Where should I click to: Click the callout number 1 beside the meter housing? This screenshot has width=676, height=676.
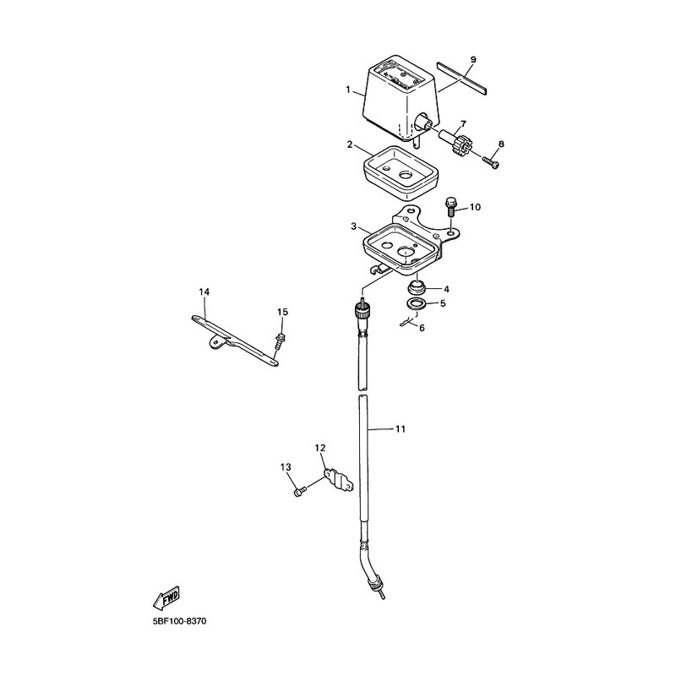pyautogui.click(x=347, y=90)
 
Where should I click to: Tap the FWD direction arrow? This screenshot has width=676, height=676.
pyautogui.click(x=166, y=597)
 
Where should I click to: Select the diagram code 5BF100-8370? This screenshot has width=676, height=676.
pyautogui.click(x=179, y=621)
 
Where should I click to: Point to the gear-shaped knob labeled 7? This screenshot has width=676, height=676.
pyautogui.click(x=459, y=146)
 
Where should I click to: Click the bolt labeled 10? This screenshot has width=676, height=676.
pyautogui.click(x=450, y=208)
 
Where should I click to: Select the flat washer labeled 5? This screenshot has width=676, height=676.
pyautogui.click(x=417, y=303)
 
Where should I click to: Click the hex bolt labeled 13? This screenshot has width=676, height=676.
pyautogui.click(x=300, y=491)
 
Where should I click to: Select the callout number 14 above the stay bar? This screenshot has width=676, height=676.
pyautogui.click(x=204, y=292)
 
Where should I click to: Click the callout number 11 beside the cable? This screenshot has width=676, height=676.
pyautogui.click(x=401, y=429)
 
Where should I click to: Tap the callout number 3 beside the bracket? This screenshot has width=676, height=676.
pyautogui.click(x=353, y=226)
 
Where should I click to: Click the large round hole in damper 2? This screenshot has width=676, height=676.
pyautogui.click(x=406, y=175)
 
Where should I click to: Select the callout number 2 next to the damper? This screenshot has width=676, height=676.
pyautogui.click(x=350, y=144)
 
